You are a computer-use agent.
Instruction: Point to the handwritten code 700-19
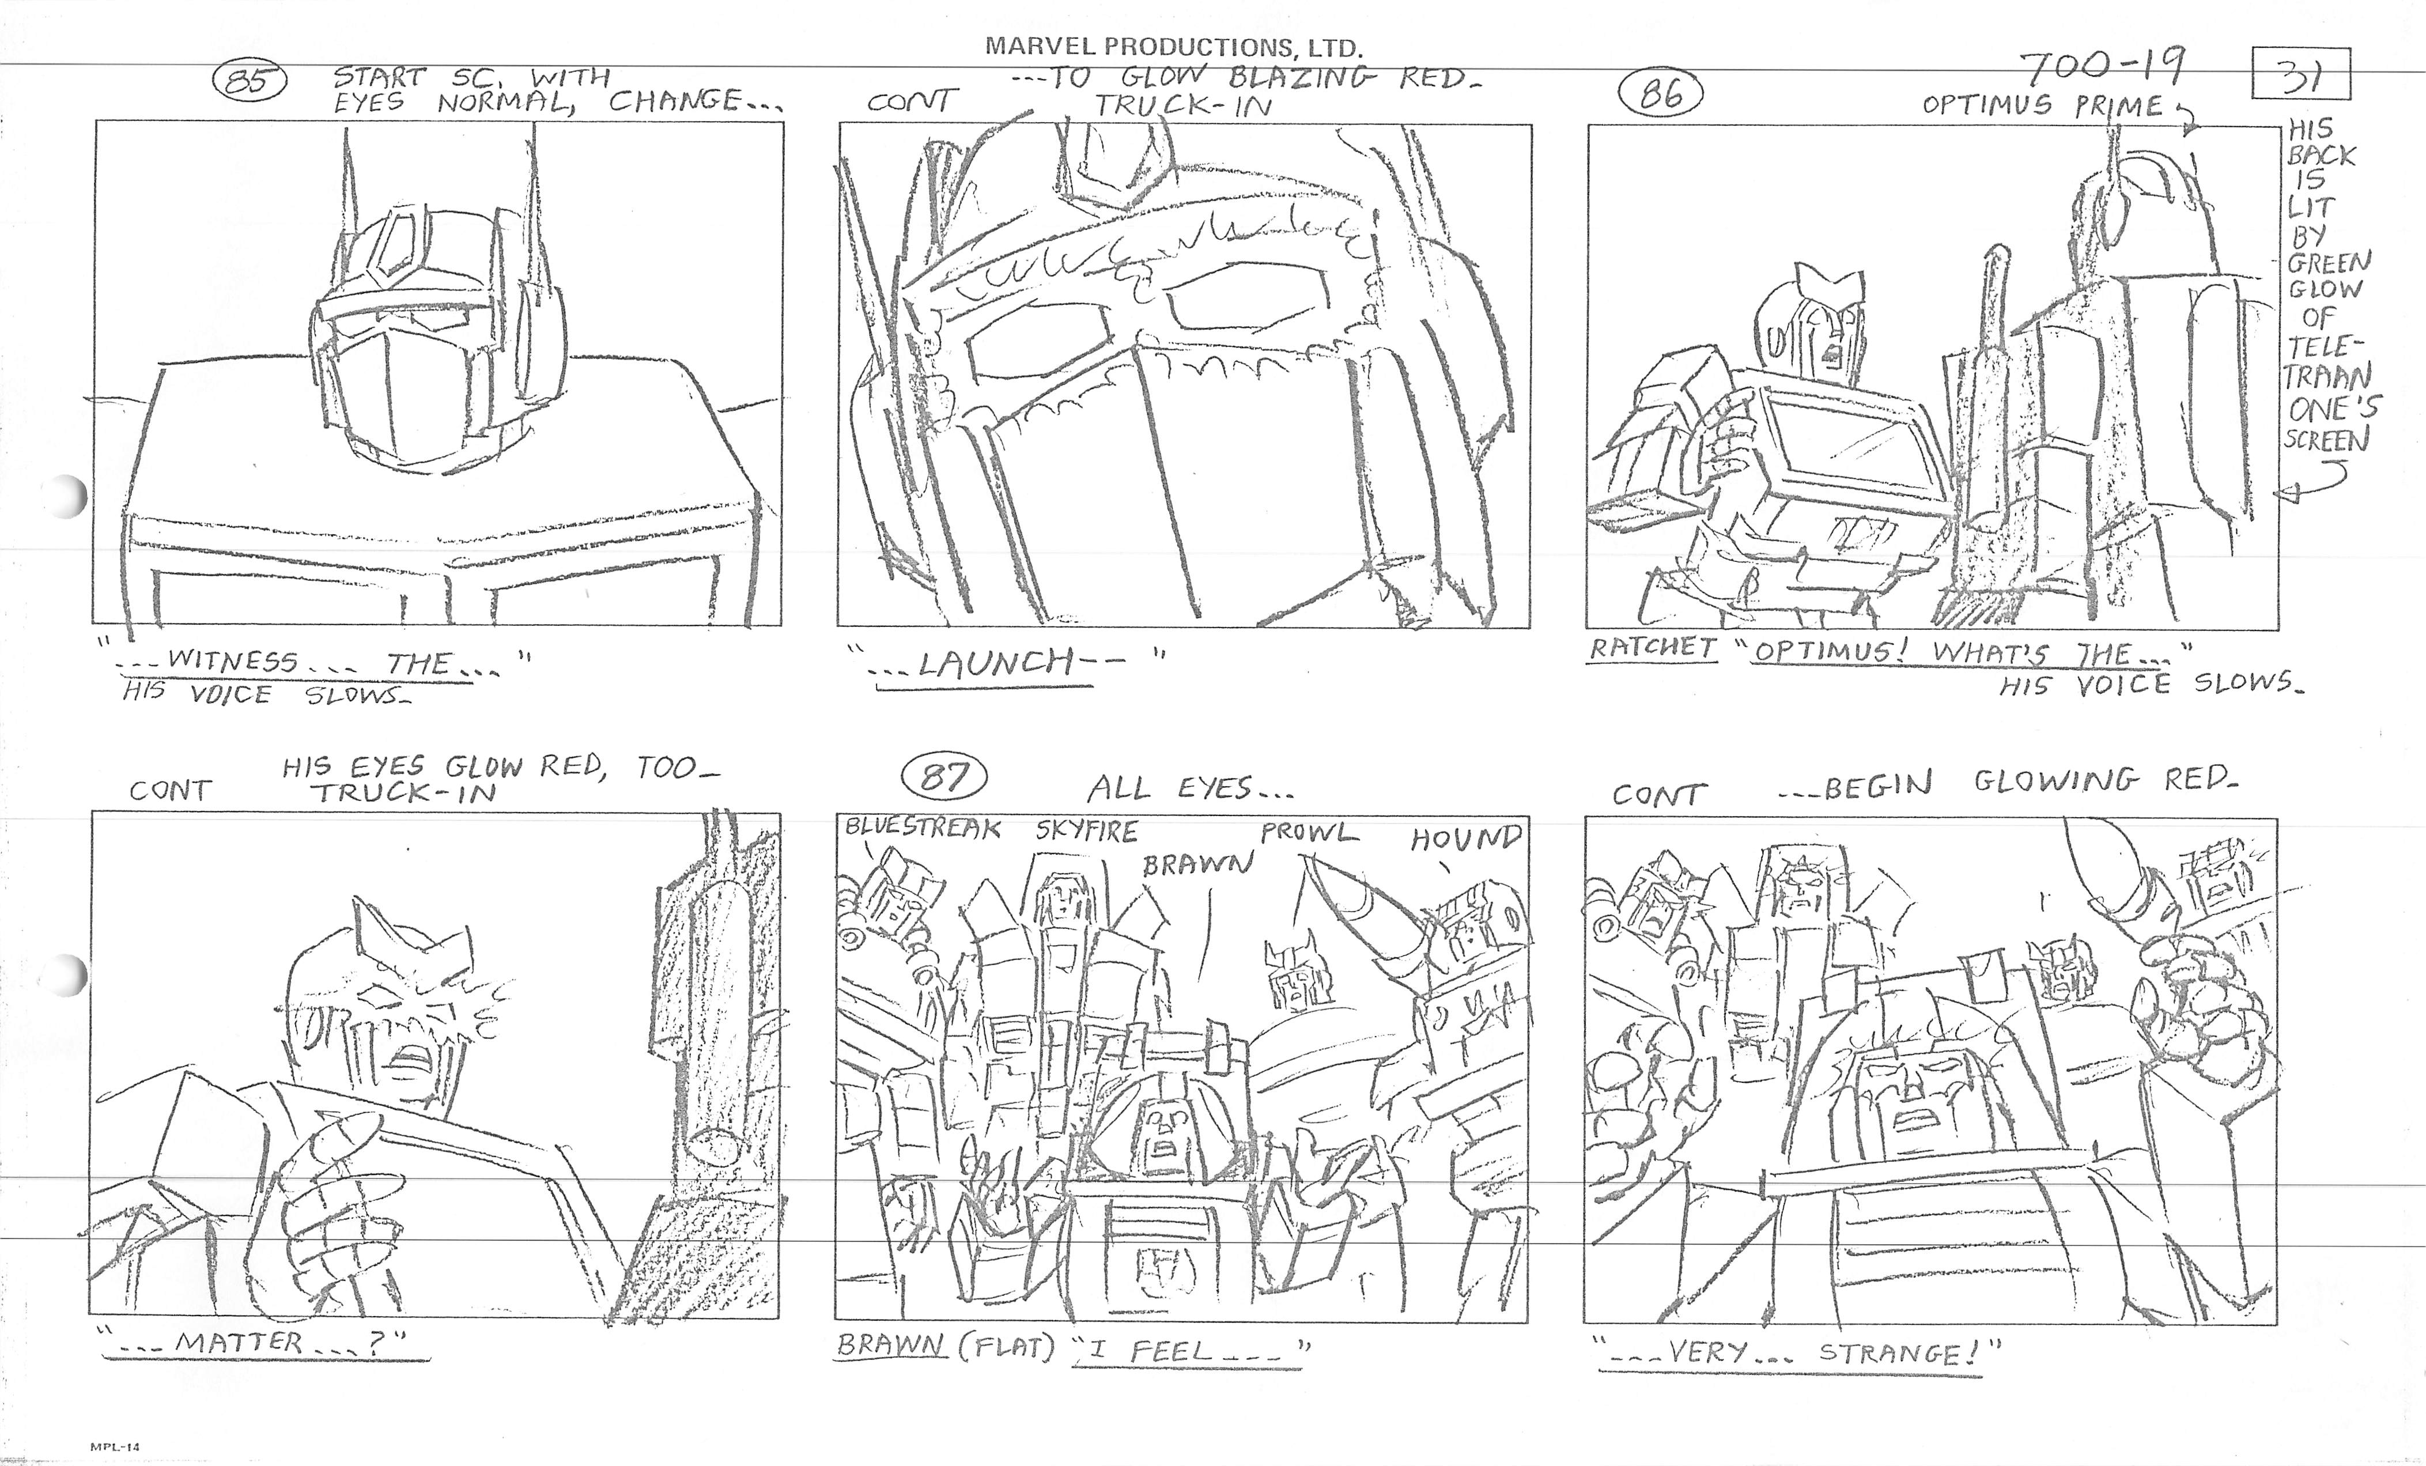(2101, 69)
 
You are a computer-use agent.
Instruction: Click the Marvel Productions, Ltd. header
(1174, 46)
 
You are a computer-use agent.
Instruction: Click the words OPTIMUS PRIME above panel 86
(2043, 105)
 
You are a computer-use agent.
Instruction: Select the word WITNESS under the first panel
(232, 660)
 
